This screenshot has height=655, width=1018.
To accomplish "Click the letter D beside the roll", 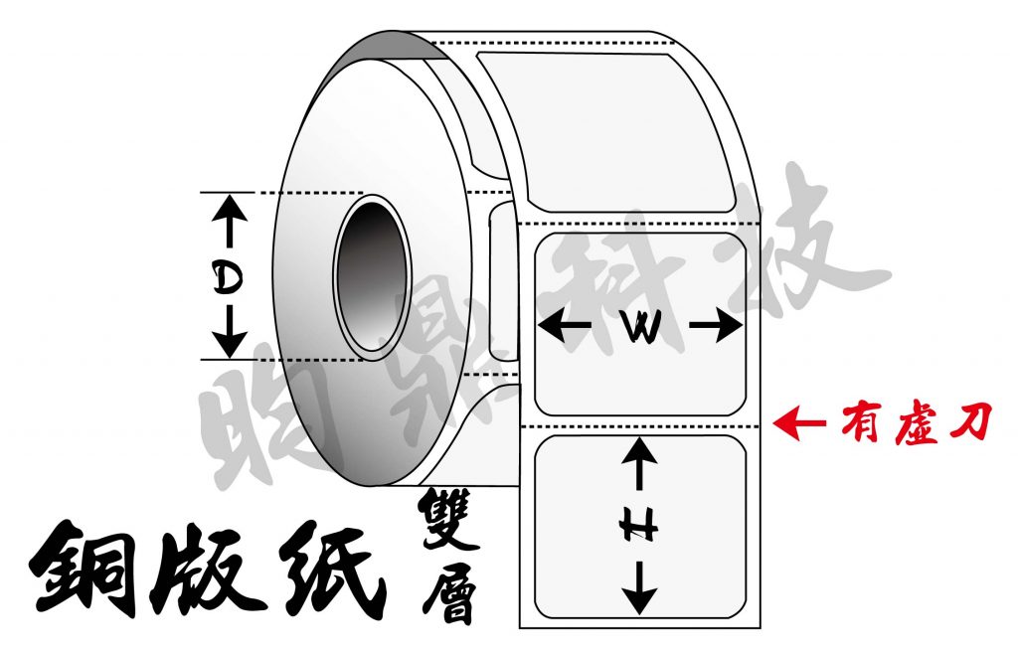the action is coord(228,278).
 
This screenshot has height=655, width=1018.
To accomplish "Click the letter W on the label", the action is coord(641,327).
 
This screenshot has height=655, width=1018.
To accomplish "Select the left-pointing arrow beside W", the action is coord(564,325).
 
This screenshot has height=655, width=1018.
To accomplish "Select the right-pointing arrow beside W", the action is coord(716,325).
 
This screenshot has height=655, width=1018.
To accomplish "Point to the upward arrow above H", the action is coord(639,463).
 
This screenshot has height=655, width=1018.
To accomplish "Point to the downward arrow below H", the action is coord(639,588).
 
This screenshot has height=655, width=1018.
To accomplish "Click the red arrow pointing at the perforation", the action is coord(799,423).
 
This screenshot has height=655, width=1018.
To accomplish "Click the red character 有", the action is coord(861,423).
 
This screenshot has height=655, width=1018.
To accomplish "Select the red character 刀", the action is coord(970,422).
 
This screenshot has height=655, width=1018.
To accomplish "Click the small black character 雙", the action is coord(448,519).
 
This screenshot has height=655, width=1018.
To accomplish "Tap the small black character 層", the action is coord(448,590).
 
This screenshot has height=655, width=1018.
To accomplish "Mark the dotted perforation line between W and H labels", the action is coord(640,426).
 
